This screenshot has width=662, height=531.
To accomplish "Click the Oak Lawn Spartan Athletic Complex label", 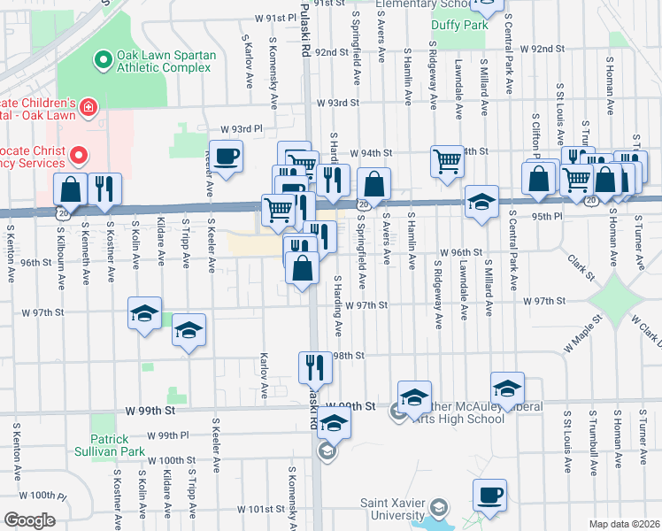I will click(165, 61).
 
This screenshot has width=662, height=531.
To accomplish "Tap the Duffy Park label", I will click(459, 25).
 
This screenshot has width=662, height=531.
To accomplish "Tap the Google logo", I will click(29, 519).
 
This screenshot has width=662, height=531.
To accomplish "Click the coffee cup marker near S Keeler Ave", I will click(225, 157).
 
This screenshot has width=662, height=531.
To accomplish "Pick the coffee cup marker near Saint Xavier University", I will click(489, 495).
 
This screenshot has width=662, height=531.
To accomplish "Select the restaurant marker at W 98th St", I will click(315, 364).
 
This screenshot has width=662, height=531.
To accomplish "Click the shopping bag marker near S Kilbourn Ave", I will click(70, 189).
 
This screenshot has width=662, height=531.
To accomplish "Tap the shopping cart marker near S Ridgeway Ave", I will click(447, 160).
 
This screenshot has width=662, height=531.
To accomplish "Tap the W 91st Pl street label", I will click(275, 18).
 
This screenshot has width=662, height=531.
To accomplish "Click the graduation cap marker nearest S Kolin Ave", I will click(144, 312).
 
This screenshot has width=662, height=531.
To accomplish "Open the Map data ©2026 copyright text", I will click(624, 524).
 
